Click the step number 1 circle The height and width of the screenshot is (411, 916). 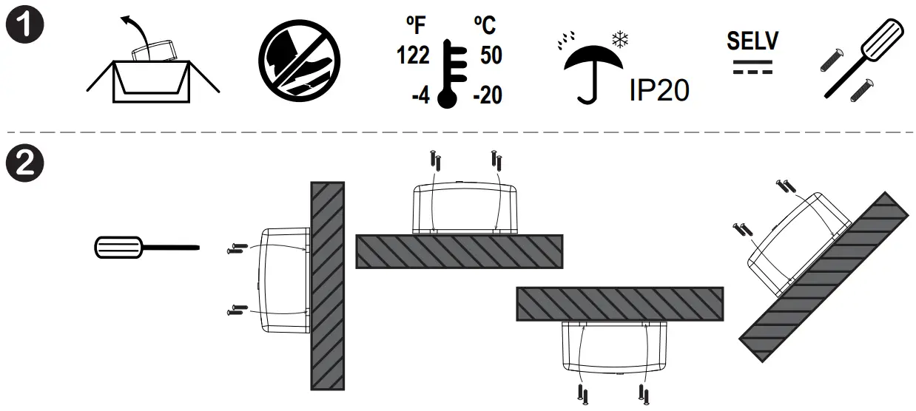click(x=24, y=24)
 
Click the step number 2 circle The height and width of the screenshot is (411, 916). click(x=24, y=163)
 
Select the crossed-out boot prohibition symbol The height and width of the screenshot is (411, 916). click(x=299, y=61)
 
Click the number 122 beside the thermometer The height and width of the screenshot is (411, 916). click(x=413, y=55)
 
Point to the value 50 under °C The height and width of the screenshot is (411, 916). click(x=491, y=55)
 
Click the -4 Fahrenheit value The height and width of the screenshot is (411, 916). click(x=421, y=96)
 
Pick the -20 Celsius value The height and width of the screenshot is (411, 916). click(x=488, y=95)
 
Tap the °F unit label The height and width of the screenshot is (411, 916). click(x=416, y=25)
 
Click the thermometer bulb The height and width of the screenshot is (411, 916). click(x=447, y=99)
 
